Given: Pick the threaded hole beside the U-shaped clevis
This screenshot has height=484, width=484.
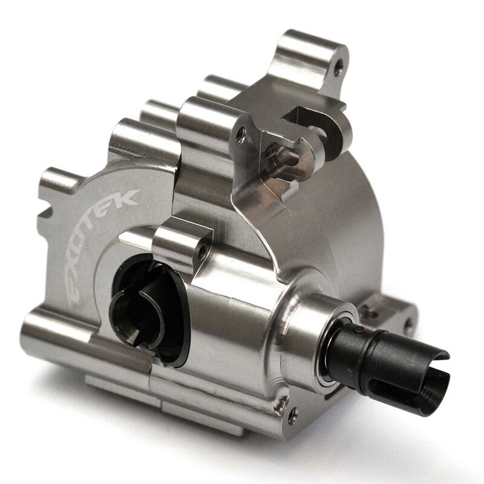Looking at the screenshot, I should pos(241,134).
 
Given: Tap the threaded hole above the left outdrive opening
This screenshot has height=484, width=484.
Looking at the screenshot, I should pos(201,247).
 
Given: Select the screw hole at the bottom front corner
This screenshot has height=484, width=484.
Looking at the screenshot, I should pos(292,415).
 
